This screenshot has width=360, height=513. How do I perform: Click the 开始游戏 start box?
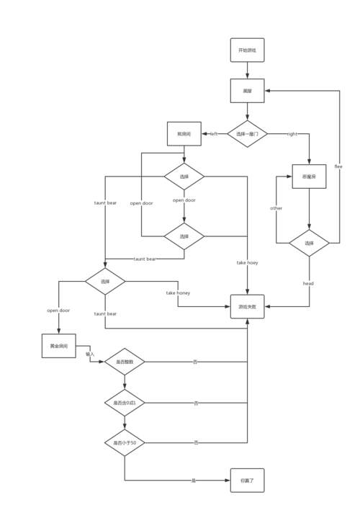[x=247, y=50]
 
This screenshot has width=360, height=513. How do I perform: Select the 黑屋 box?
[x=247, y=91]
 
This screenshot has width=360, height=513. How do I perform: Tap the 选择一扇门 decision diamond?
[x=247, y=134]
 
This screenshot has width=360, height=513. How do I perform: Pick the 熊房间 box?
[x=184, y=134]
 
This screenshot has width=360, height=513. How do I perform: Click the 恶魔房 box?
[x=310, y=176]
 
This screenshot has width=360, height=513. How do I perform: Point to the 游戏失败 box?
[x=247, y=307]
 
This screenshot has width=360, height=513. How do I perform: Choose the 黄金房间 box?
[x=58, y=346]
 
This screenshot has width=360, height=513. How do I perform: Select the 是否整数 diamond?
[x=124, y=362]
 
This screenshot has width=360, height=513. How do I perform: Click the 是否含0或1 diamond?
[x=124, y=403]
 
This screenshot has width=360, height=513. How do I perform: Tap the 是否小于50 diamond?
[x=124, y=442]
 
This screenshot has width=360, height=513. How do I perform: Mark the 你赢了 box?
[x=247, y=480]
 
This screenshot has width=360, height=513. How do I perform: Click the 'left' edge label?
[x=213, y=134]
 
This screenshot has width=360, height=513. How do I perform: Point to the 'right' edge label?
[x=291, y=134]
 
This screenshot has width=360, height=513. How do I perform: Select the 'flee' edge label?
[x=339, y=166]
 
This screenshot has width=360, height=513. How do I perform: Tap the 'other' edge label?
[x=276, y=208]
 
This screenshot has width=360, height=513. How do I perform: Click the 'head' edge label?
[x=309, y=284]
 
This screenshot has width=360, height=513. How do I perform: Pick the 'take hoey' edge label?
[x=247, y=264]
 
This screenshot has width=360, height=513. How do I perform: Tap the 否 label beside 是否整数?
[x=195, y=362]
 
